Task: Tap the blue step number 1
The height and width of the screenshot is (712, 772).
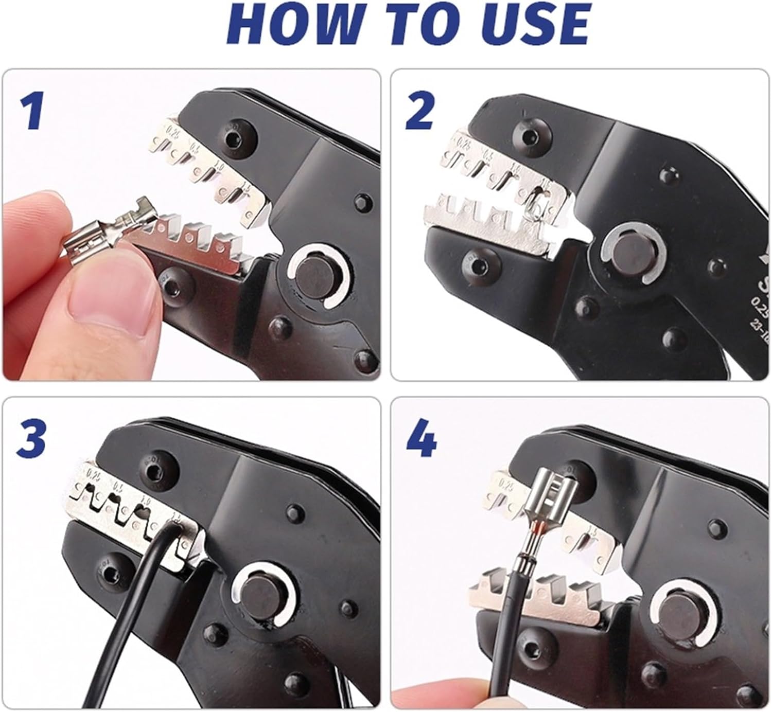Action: point(32,112)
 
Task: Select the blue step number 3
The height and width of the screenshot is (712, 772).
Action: point(32,439)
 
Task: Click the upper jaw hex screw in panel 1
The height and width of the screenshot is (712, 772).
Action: point(238,136)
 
